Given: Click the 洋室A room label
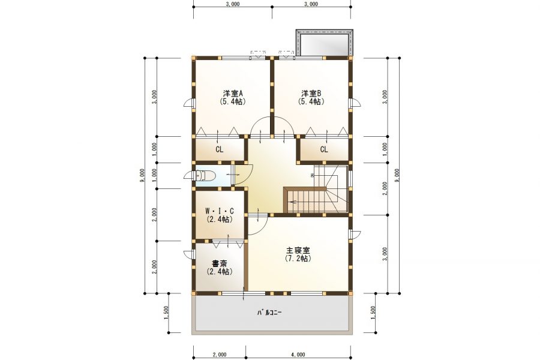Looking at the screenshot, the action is (x=233, y=94).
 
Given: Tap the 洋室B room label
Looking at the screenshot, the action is (x=311, y=94).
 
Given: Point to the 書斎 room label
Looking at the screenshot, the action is (x=220, y=264).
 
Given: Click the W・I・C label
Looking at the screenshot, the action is (x=220, y=211).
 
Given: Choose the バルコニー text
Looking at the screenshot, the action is (x=269, y=313).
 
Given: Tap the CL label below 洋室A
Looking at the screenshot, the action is (x=220, y=149).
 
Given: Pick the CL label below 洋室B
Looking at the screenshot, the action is (x=324, y=149).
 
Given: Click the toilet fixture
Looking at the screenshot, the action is (x=204, y=176).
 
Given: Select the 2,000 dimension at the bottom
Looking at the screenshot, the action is (x=220, y=354).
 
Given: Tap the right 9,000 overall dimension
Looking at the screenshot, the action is (x=397, y=176).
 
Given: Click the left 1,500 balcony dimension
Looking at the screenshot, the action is (x=166, y=313).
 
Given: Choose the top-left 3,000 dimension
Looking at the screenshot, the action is (x=233, y=4).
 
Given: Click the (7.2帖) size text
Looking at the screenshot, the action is (x=298, y=259).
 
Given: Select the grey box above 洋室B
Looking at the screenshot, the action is (x=325, y=43).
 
